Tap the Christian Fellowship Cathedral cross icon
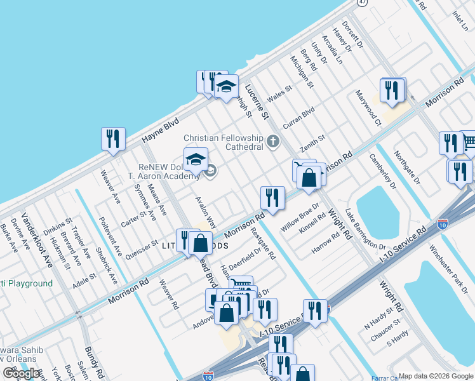pos(273,142)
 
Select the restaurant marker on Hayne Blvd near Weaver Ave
pos(113,139)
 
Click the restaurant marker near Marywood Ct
pos(393,90)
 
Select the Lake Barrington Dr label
pos(365,228)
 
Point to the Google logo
pos(20,373)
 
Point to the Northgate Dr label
pos(406,167)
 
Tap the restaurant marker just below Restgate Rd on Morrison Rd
pos(272,197)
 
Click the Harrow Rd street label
pos(326,244)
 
